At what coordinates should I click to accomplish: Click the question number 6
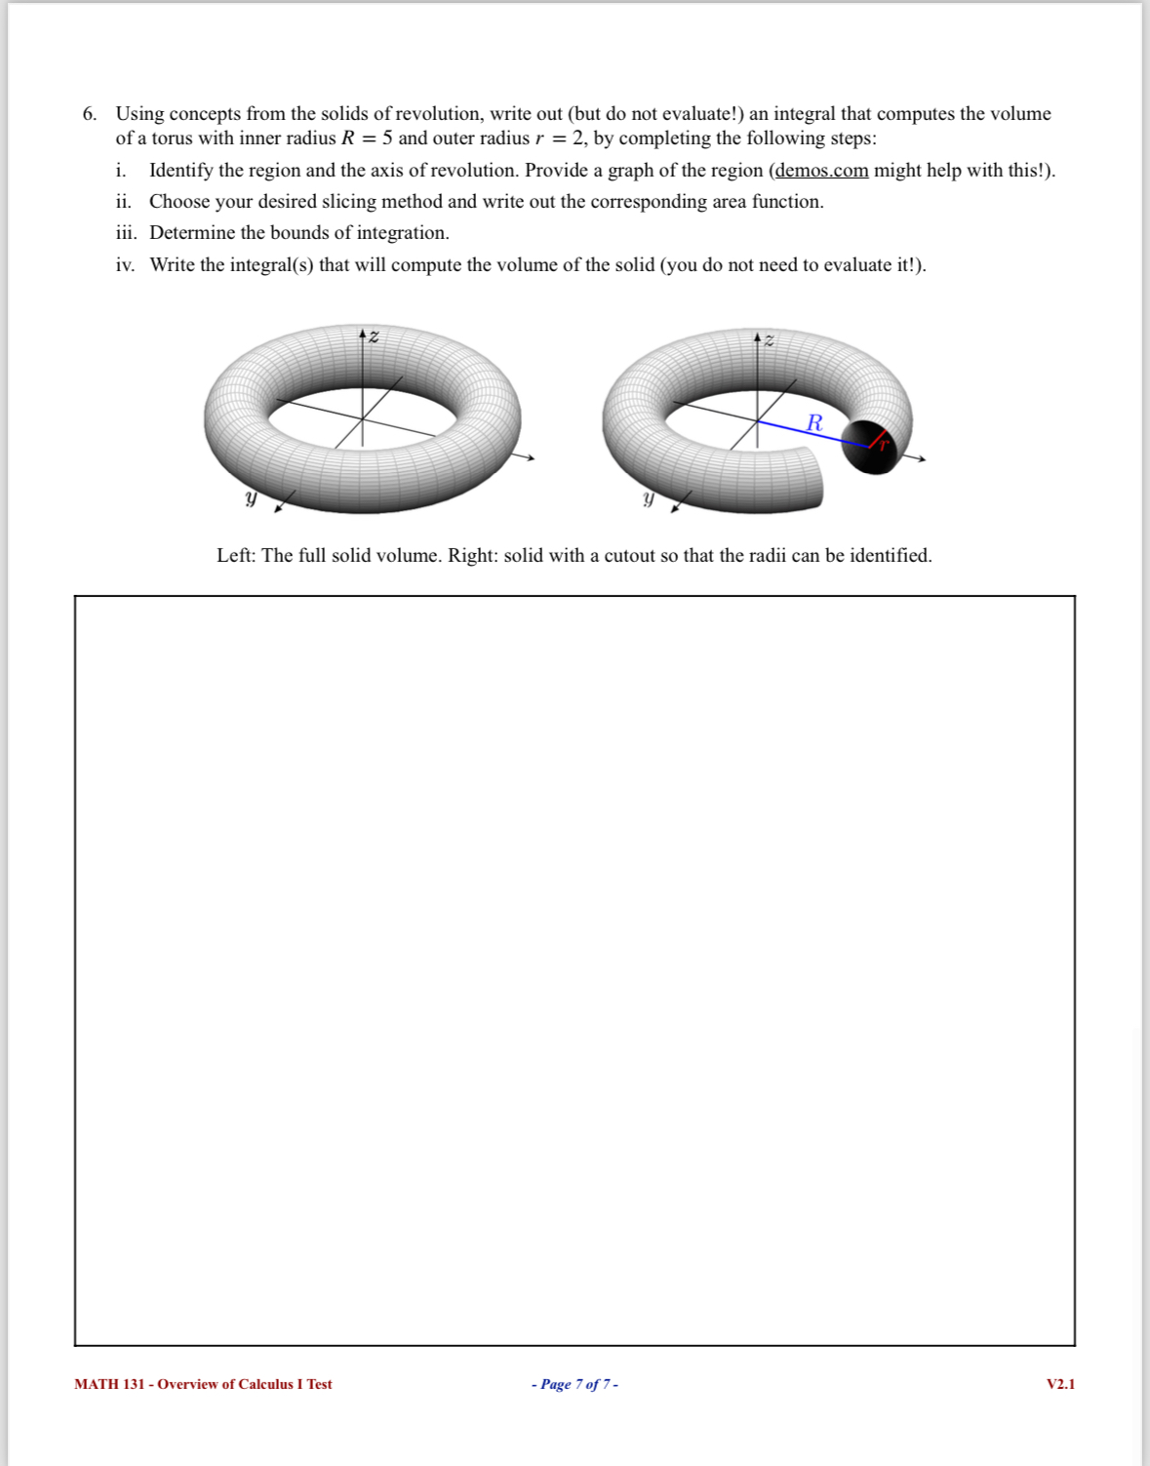click(x=89, y=114)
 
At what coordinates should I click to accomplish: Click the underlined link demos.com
click(x=821, y=171)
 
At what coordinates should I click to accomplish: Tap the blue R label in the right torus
click(x=814, y=423)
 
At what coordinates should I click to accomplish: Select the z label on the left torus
click(x=373, y=337)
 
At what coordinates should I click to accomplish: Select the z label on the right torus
click(x=769, y=340)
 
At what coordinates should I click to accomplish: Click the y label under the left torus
click(x=251, y=498)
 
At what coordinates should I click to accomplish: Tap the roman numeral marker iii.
click(x=126, y=233)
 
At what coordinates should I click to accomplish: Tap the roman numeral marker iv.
click(x=126, y=265)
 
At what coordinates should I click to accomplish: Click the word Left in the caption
click(x=234, y=556)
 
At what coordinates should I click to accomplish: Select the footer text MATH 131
click(x=109, y=1384)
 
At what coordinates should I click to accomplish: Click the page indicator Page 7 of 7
click(x=575, y=1384)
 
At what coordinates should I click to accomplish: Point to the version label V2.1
click(x=1060, y=1384)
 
